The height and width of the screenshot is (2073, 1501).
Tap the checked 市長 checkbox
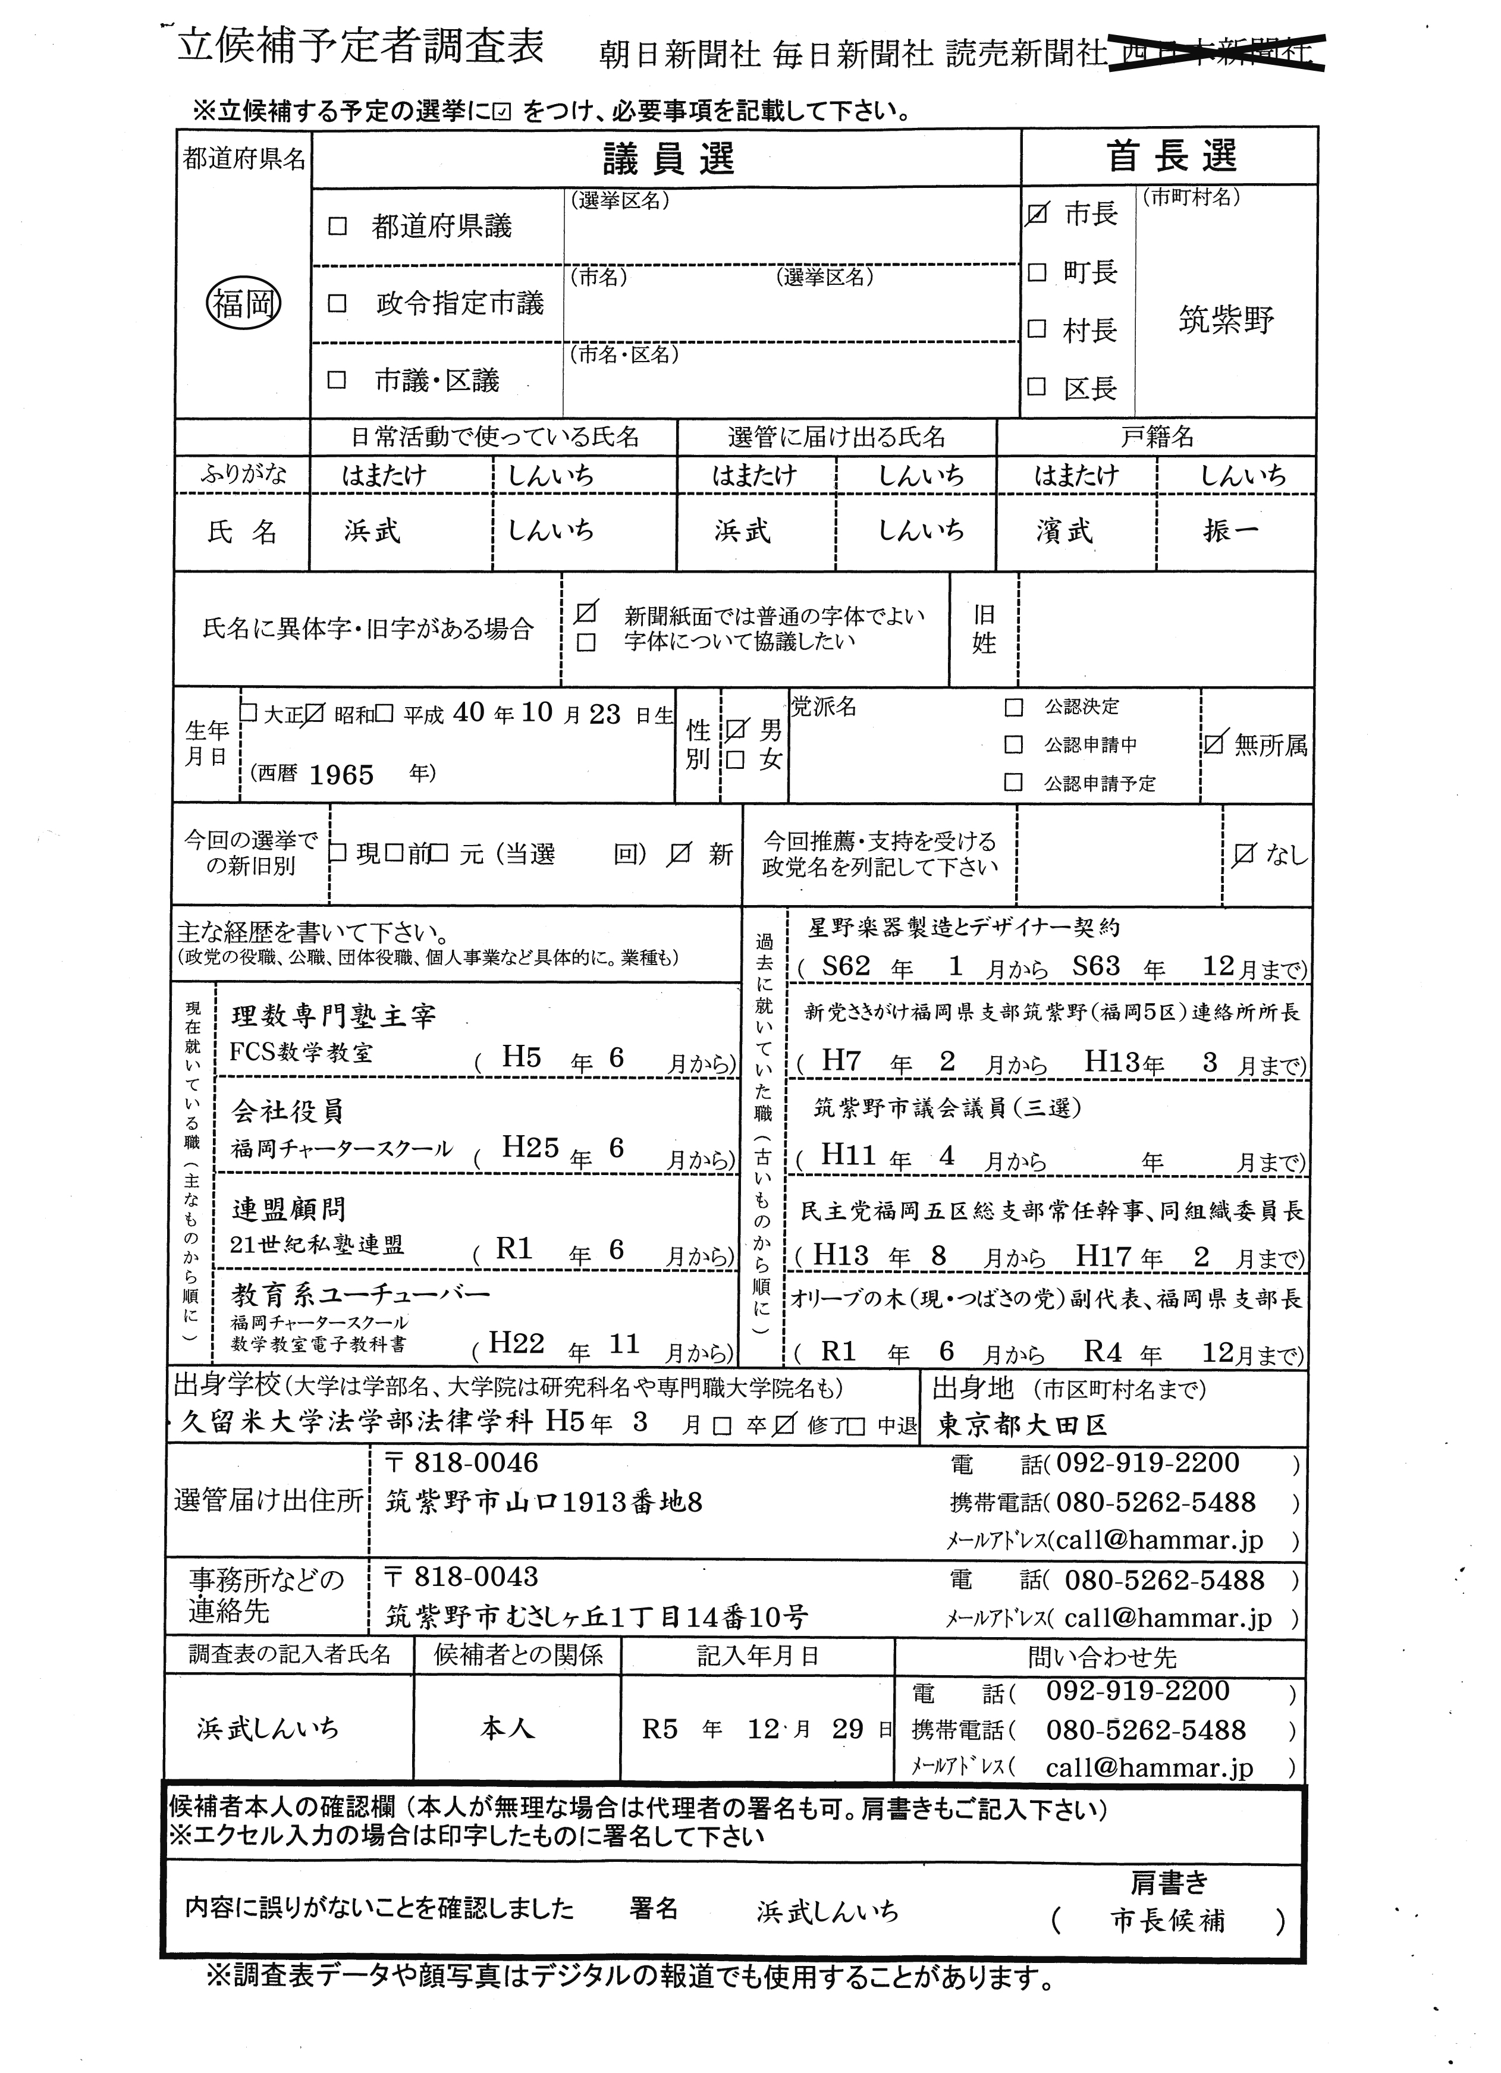click(x=1037, y=214)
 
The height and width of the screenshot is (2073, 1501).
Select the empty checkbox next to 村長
click(x=1037, y=329)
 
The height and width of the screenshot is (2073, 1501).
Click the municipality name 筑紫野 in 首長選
click(x=1226, y=320)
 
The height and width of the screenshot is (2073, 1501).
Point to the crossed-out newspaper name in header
click(x=1217, y=53)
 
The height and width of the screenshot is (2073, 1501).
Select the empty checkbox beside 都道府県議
click(x=337, y=226)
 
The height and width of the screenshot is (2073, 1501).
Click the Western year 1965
click(x=341, y=775)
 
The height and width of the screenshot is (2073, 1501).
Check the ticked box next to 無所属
click(x=1213, y=744)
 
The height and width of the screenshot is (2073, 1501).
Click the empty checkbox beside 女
click(x=736, y=759)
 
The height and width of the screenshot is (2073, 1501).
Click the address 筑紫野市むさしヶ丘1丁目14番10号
click(x=596, y=1617)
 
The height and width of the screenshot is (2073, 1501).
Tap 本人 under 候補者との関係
click(x=507, y=1727)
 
